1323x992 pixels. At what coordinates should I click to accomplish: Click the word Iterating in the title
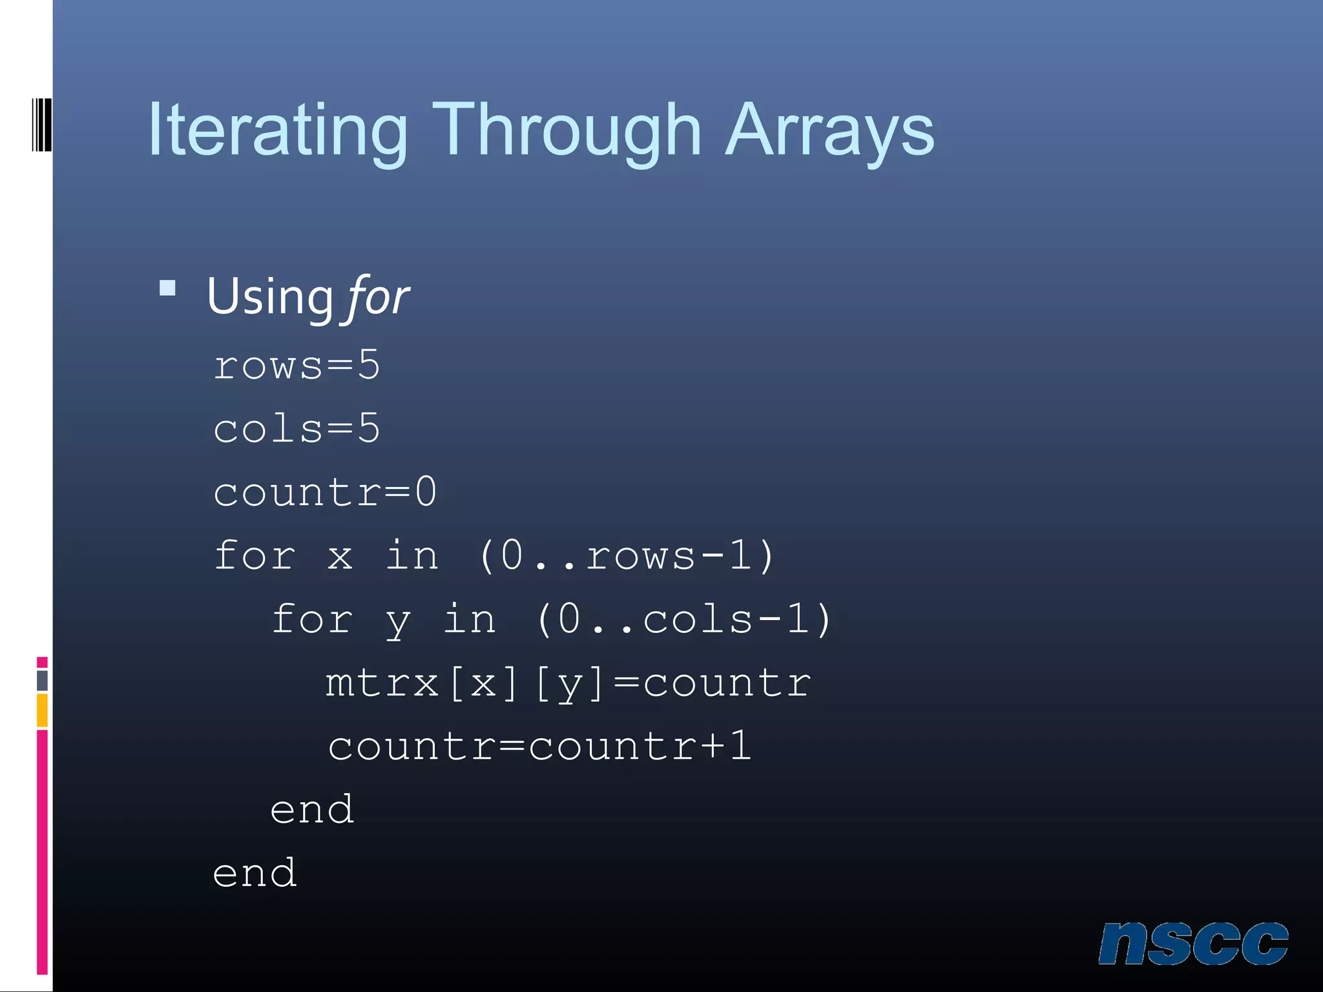coord(277,131)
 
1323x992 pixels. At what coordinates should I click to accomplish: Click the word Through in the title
coord(567,131)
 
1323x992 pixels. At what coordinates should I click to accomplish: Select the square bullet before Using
coord(168,288)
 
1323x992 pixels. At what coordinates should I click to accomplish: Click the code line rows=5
coord(297,366)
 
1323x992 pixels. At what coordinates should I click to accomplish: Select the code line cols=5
coord(297,429)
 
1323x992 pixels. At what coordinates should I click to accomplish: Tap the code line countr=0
coord(325,492)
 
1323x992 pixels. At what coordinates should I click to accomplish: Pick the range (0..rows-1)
coord(626,555)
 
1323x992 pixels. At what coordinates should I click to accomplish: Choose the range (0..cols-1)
coord(683,619)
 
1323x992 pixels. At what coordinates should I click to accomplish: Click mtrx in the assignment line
coord(382,683)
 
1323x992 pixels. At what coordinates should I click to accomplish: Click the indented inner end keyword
coord(312,810)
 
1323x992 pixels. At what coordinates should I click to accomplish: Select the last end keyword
coord(255,873)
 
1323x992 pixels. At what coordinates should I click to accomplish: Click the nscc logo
coord(1193,944)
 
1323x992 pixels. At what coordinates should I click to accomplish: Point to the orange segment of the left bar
coord(42,710)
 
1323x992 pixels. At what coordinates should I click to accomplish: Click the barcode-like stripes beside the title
coord(41,125)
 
